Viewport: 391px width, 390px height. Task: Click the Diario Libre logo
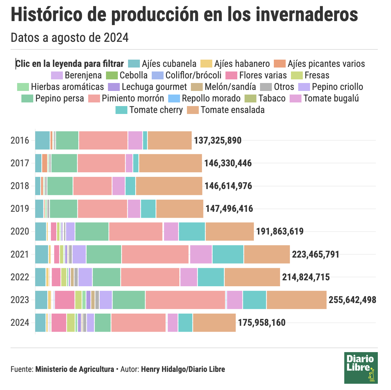[361, 368]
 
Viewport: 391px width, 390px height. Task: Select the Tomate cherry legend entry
[149, 110]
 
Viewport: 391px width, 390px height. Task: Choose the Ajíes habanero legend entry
[236, 64]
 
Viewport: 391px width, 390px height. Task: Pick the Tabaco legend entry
[266, 98]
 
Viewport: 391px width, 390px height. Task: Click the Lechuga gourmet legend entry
[147, 87]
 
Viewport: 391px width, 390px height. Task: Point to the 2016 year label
[20, 141]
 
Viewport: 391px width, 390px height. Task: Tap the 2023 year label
[20, 300]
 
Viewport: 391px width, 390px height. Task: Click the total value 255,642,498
[352, 300]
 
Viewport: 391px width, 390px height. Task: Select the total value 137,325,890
[218, 141]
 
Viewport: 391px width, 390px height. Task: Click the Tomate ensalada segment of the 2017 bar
[170, 163]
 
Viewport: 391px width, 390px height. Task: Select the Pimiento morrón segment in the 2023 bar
[185, 300]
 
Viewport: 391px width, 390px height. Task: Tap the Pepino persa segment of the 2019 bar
[64, 209]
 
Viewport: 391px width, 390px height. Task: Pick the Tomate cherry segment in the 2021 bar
[228, 254]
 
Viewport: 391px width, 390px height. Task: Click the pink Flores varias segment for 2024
[59, 323]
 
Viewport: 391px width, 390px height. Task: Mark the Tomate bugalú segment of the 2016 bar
[135, 141]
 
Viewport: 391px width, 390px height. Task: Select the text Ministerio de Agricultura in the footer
[74, 369]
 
